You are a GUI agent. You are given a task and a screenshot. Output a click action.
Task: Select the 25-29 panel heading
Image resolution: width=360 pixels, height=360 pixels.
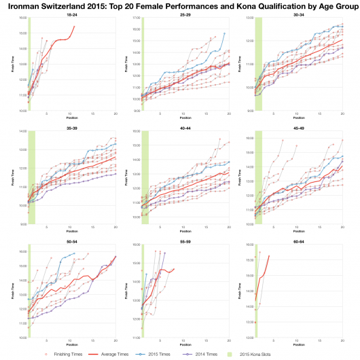[x=185, y=14]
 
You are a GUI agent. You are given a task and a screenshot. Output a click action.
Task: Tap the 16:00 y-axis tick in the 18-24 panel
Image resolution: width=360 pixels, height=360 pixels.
[x=24, y=18]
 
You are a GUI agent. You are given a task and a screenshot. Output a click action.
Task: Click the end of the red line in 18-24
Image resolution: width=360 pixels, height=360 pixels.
[x=74, y=26]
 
